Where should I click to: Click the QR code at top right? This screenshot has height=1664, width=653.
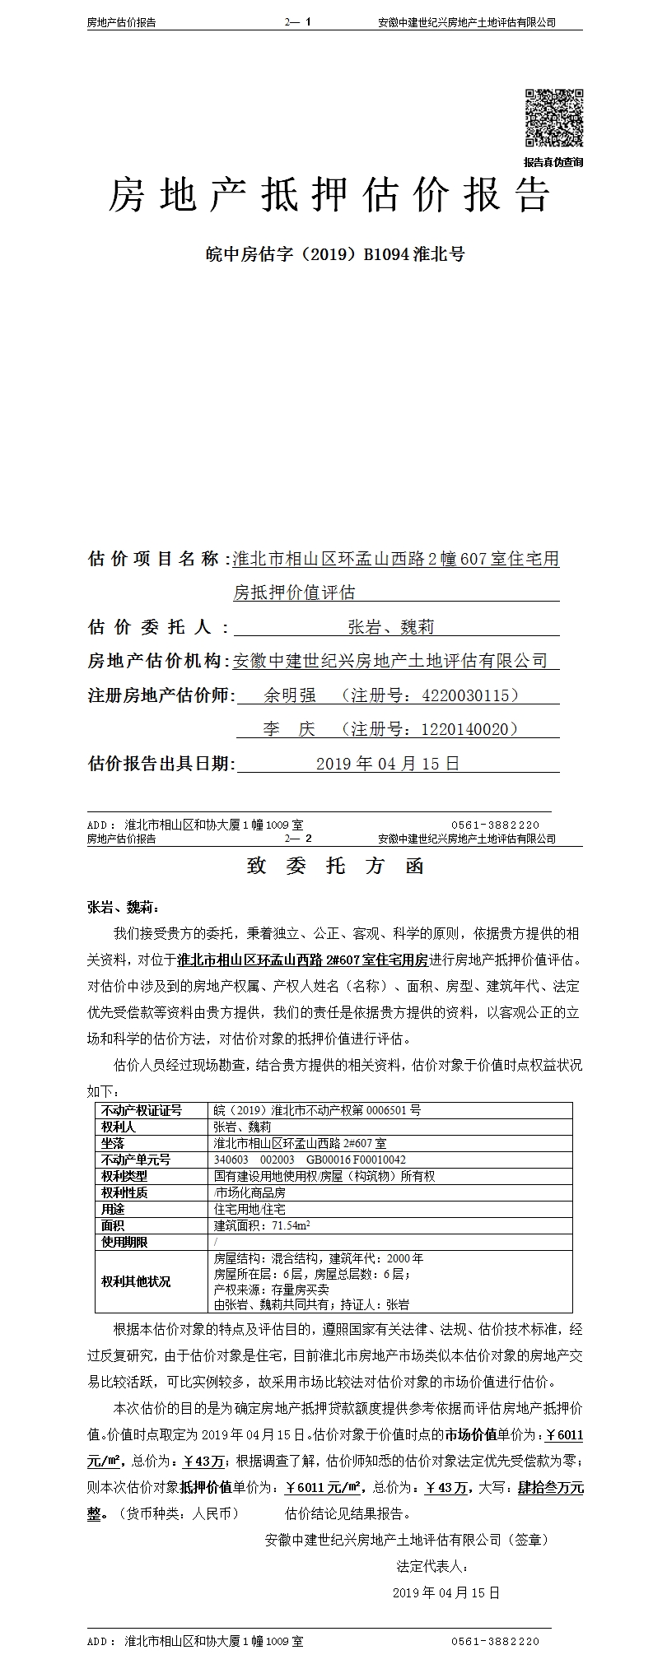pyautogui.click(x=554, y=118)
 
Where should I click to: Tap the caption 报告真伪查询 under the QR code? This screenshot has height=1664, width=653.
pyautogui.click(x=553, y=162)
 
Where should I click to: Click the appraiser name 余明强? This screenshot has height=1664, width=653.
pyautogui.click(x=290, y=695)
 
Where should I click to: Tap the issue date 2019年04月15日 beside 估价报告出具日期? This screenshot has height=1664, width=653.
pyautogui.click(x=388, y=764)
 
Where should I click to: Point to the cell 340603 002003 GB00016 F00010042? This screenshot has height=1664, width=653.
pyautogui.click(x=310, y=1160)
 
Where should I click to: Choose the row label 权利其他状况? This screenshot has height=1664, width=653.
pyautogui.click(x=136, y=1281)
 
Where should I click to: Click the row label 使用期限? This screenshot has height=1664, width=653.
pyautogui.click(x=124, y=1242)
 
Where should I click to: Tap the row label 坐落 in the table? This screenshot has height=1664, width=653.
pyautogui.click(x=113, y=1143)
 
